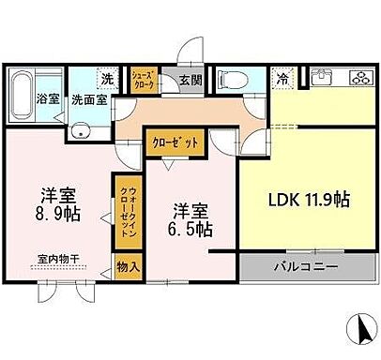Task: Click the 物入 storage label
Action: click(x=128, y=268)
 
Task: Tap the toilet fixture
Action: click(x=229, y=80)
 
